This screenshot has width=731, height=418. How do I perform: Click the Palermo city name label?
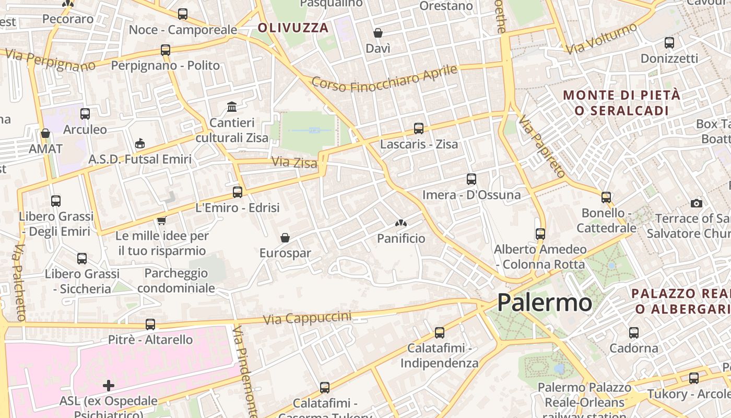pos(545,303)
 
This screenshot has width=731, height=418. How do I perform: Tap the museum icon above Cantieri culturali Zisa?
pos(232,107)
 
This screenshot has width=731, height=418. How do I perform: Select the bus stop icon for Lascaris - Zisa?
pos(418,128)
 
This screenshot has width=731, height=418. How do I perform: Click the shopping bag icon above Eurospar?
pos(285,238)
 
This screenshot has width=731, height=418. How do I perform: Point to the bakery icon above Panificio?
pos(400,223)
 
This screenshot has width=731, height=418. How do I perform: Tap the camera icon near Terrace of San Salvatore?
pos(696,203)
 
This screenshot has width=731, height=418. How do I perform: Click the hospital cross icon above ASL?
pos(109,386)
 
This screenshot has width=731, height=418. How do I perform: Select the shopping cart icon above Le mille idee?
pos(162,220)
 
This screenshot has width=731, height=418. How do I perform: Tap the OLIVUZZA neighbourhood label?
pos(293,28)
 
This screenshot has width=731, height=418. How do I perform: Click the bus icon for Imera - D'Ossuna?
pos(471,179)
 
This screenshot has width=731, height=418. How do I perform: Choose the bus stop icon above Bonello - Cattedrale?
pos(606,198)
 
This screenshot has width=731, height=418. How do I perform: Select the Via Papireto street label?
pos(541,146)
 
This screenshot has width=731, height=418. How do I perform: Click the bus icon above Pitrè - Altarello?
pos(150,324)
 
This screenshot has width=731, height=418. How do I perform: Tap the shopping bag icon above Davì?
pos(378,33)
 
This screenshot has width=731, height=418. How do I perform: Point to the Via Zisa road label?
pos(294,163)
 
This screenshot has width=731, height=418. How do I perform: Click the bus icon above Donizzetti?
pos(669,43)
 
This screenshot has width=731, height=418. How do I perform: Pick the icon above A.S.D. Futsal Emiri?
pos(140,143)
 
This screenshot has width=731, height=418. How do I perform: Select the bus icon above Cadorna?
pos(634,332)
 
